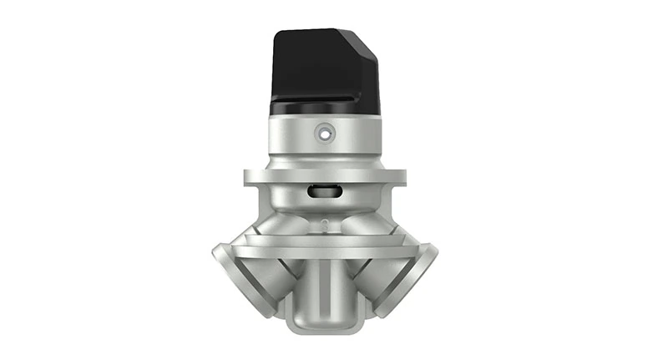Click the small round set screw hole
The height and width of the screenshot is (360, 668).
click(x=324, y=132)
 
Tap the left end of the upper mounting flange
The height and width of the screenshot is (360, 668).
click(x=249, y=176)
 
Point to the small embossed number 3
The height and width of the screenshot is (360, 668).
click(x=324, y=221)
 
